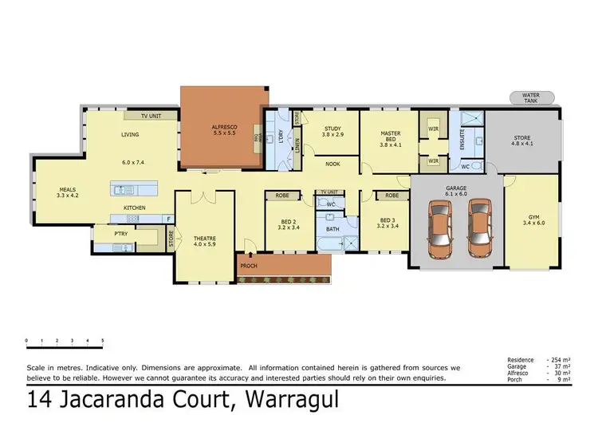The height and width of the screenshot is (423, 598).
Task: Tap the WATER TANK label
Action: tap(531, 98)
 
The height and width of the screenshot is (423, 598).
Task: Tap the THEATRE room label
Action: tap(205, 237)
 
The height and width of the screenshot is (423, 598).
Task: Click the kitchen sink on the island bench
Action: tap(124, 190)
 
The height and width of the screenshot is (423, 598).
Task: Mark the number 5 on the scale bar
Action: tap(102, 341)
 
